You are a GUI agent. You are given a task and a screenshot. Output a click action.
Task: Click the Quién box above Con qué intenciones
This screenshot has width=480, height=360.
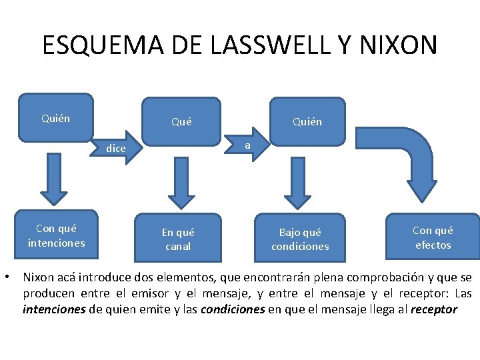pos(56,119)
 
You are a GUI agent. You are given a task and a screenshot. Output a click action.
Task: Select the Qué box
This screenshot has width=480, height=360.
pos(181,121)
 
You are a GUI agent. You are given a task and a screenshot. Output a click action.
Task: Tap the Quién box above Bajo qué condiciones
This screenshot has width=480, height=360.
pos(307,121)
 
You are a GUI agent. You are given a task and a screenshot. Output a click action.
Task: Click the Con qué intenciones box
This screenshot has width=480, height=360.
pos(56,236)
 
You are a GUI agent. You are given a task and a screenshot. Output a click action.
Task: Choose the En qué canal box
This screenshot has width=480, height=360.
pos(178,239)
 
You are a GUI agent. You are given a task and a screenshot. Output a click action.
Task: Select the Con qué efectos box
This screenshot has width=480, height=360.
pos(432,237)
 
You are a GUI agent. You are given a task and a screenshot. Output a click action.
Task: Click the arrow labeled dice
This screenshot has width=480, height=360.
pos(117,148)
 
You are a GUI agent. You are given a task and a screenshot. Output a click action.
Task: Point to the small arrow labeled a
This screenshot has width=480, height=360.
pos(247,145)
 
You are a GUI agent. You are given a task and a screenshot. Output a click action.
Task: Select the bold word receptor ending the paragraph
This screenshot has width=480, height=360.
pos(434,309)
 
